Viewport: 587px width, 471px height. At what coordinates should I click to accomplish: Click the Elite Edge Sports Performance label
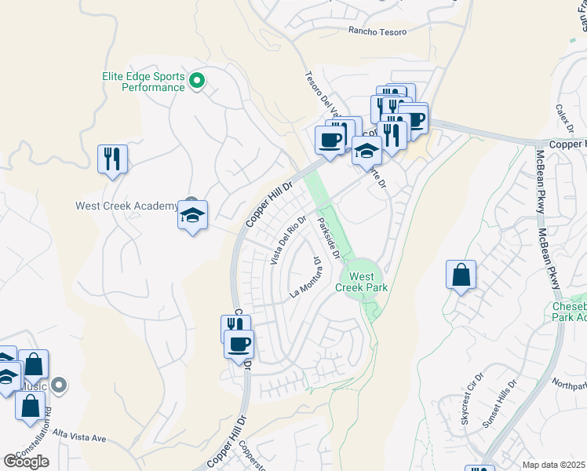pos(143,82)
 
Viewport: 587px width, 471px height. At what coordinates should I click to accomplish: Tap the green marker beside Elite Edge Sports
pos(198,78)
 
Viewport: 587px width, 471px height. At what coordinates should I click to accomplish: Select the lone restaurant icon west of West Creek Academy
pos(112,159)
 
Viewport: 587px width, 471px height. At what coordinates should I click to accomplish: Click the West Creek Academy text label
pos(126,206)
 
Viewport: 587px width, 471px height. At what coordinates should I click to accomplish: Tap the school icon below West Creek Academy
pos(192,216)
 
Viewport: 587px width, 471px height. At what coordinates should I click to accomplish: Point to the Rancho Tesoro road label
pos(379,31)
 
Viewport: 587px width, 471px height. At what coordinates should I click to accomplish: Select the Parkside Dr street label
pos(328,238)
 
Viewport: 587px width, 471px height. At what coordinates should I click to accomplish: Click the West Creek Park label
pos(362,282)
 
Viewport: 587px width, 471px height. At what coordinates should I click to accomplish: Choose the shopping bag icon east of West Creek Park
pos(461,276)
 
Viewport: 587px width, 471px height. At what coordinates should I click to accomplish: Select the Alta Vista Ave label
pos(79,436)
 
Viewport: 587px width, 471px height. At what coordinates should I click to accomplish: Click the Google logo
pos(26,462)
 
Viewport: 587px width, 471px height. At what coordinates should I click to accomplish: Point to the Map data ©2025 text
pos(553,465)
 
